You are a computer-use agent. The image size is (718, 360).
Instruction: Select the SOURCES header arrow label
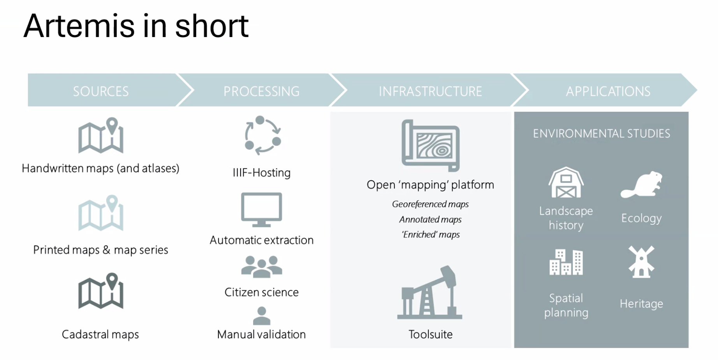[x=101, y=91]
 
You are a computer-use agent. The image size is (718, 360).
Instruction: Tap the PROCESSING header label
[x=261, y=91]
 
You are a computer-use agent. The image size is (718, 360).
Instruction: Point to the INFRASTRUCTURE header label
[x=430, y=91]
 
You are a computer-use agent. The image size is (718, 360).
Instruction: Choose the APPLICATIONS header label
[x=608, y=91]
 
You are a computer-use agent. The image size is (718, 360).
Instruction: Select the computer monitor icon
[x=261, y=210]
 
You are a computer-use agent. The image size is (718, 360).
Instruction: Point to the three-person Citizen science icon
[x=261, y=266]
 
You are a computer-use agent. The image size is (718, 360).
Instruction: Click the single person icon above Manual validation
[x=261, y=316]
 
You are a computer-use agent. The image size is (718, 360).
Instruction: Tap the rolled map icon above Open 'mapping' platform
[x=431, y=145]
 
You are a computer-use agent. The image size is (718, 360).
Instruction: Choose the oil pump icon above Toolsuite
[x=430, y=293]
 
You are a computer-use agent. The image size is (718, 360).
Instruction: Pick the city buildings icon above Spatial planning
[x=566, y=262]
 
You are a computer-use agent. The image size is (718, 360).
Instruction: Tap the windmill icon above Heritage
[x=641, y=262]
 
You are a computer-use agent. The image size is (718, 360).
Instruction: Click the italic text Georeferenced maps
[x=430, y=204]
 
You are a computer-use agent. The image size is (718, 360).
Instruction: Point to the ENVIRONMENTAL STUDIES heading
[x=601, y=134]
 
